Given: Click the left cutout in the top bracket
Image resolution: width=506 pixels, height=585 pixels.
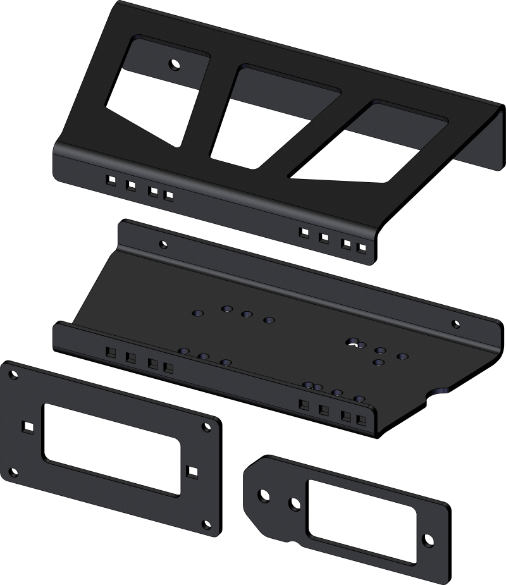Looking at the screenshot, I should coord(155,89).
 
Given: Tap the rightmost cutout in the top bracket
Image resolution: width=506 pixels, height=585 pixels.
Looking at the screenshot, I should coord(373,142).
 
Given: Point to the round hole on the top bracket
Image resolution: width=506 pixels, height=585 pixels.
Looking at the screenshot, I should coord(173,64).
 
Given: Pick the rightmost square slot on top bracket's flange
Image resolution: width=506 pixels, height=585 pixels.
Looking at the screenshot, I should coord(361,248).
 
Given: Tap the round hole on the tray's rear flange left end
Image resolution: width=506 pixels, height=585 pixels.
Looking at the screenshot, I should coord(163,244).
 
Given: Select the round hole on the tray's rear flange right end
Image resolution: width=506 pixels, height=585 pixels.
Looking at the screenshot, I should coord(455,324).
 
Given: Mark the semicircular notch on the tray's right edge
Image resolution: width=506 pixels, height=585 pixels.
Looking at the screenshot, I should coord(441,391).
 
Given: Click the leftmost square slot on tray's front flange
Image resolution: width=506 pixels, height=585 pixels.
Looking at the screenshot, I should coord(111,352).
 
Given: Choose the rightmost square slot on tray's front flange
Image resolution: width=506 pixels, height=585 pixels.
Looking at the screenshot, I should coord(361,421).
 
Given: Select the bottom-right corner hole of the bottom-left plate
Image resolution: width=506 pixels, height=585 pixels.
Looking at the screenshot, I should coord(205,524).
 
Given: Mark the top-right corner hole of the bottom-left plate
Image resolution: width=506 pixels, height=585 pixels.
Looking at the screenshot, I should coord(206,428).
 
